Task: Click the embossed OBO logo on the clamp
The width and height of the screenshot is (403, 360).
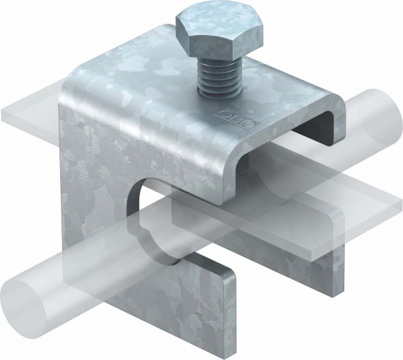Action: pos(238,118)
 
